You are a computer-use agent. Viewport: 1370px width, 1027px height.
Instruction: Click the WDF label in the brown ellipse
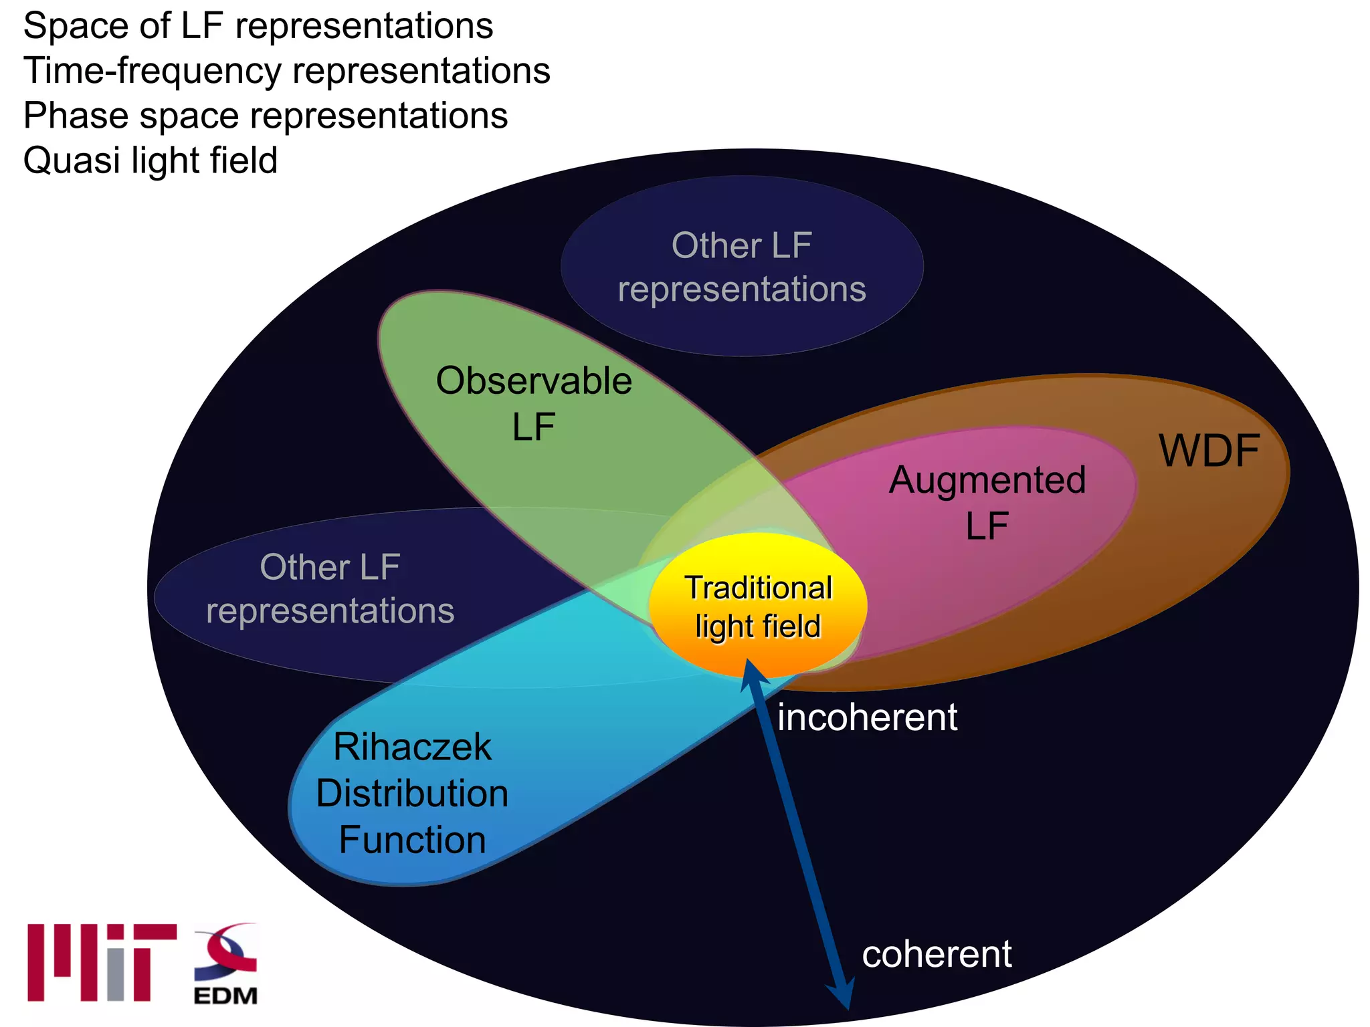(x=1209, y=451)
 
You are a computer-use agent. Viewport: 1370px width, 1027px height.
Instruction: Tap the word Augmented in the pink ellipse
(x=987, y=480)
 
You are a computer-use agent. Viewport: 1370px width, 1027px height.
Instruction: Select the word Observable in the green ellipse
(x=534, y=381)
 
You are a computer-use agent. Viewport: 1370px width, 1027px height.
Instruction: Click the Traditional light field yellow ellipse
(x=758, y=605)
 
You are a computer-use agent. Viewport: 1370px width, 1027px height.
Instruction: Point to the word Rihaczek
(x=412, y=747)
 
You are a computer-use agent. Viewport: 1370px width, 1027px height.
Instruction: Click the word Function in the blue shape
(x=412, y=840)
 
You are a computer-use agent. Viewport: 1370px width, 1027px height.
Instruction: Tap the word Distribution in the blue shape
(x=412, y=794)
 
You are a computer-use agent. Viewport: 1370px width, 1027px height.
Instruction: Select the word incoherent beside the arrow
(x=867, y=717)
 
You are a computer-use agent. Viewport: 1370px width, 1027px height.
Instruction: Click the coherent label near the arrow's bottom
(x=937, y=954)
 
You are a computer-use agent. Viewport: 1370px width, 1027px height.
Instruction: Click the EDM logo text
(x=225, y=996)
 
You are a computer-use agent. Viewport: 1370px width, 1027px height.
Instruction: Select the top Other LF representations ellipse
(x=742, y=266)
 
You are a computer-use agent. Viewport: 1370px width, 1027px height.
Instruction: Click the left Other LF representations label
(x=330, y=589)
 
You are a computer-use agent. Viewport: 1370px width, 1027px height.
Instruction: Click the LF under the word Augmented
(x=987, y=526)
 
